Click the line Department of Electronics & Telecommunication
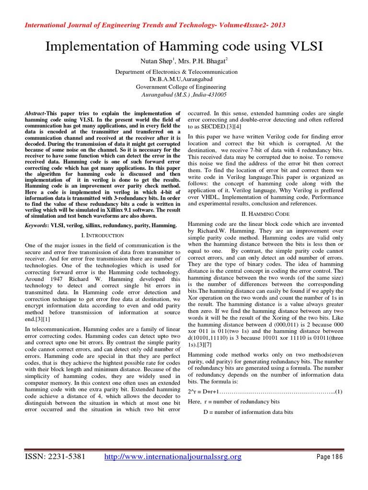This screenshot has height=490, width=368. (x=183, y=72)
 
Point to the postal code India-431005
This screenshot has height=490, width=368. (x=207, y=95)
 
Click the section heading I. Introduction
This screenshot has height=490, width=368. (x=101, y=235)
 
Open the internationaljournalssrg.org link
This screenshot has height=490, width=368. (x=173, y=457)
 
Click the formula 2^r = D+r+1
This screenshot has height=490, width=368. (x=204, y=391)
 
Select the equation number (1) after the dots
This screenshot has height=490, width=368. (x=338, y=391)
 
